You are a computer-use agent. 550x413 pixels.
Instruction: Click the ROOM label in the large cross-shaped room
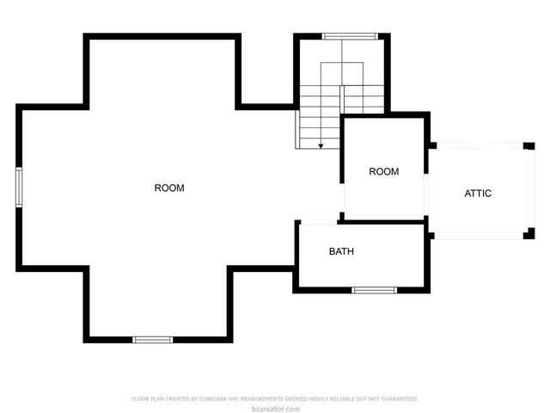click(169, 188)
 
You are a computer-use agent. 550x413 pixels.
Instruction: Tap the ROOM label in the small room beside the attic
click(384, 171)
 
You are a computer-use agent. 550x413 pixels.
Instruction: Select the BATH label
click(341, 252)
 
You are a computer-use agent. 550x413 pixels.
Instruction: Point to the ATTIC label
click(478, 194)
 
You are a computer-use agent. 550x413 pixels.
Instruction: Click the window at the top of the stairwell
click(349, 36)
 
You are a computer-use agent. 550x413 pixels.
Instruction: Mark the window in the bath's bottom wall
click(375, 290)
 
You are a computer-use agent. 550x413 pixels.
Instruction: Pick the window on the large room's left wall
click(18, 187)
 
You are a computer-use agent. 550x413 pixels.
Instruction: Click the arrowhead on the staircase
click(321, 146)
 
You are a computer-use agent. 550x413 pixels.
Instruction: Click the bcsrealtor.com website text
click(275, 408)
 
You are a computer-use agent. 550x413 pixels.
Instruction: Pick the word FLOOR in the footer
click(139, 399)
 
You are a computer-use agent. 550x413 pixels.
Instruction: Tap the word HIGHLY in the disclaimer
click(317, 399)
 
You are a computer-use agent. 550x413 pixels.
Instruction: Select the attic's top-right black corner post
click(529, 145)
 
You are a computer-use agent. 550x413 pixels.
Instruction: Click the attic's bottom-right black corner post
click(529, 234)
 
